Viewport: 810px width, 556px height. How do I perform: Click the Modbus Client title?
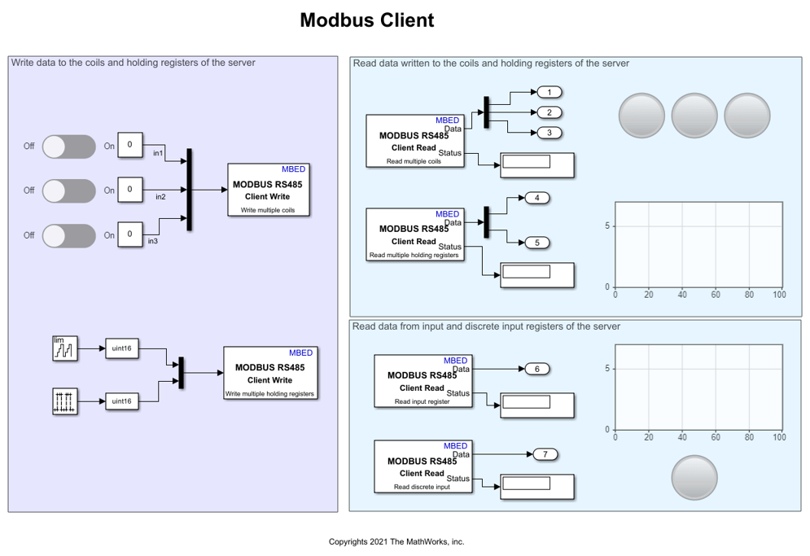tap(366, 20)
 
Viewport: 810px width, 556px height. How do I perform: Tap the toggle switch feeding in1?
tap(69, 147)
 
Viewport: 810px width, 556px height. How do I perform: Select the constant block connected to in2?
tap(129, 190)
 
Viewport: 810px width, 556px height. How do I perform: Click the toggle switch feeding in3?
tap(69, 235)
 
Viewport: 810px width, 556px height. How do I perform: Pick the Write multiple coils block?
tap(269, 190)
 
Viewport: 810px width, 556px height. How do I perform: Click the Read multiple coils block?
tap(415, 141)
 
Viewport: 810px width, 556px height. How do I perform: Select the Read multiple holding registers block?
tap(415, 234)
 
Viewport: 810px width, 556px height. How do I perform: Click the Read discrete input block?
tap(422, 466)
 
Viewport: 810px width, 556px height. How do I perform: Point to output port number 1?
tap(549, 92)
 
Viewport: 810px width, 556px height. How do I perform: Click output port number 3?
tap(549, 132)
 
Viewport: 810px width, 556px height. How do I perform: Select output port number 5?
tap(537, 243)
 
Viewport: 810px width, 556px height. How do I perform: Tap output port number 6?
tap(537, 369)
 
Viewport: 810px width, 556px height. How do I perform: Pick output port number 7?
tap(545, 454)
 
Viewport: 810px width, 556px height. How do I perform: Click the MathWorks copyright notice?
tap(396, 541)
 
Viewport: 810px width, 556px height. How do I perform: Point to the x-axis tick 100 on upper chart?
tap(779, 295)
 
